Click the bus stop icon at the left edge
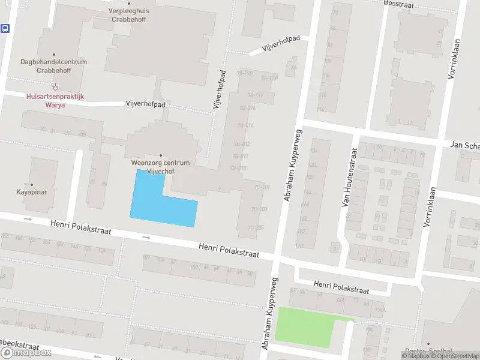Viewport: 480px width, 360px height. point(5,28)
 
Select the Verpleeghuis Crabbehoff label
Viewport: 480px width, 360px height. point(129,14)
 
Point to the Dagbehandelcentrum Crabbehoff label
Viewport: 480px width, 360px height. point(53,66)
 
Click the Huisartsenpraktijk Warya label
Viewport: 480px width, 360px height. point(53,100)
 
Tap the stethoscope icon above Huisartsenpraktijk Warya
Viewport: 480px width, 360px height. point(53,86)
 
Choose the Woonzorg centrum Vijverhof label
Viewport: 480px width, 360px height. point(160,167)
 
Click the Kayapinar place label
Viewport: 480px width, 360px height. point(31,193)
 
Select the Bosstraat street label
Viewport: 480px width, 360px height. point(399,4)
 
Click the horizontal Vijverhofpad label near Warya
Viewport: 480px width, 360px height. point(145,104)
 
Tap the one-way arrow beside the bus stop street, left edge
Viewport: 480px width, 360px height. point(27,219)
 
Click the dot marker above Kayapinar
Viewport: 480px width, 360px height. point(31,185)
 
